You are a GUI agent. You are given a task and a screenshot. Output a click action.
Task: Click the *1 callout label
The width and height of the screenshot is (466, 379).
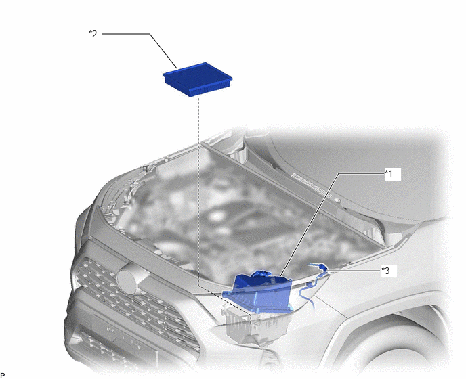pos(389,173)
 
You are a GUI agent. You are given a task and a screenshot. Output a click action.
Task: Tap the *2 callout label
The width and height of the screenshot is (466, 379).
pos(93,34)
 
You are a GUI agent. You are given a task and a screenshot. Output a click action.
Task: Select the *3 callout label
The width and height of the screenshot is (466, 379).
pos(386,271)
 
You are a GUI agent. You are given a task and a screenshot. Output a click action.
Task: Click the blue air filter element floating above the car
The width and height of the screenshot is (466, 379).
pos(198,79)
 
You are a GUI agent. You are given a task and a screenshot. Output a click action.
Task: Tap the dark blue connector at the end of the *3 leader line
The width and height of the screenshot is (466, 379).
pos(323,269)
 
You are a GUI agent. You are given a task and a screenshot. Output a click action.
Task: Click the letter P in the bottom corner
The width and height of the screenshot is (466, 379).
pos(3,376)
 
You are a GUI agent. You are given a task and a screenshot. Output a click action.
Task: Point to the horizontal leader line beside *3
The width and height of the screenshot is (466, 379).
pos(354,271)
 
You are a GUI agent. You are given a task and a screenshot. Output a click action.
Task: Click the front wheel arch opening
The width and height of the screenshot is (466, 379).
pos(396,336)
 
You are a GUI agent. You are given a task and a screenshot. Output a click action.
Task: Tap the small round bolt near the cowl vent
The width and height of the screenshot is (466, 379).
pos(337,200)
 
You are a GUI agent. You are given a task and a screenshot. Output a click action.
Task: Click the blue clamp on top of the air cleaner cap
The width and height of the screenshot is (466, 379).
pos(261,273)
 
